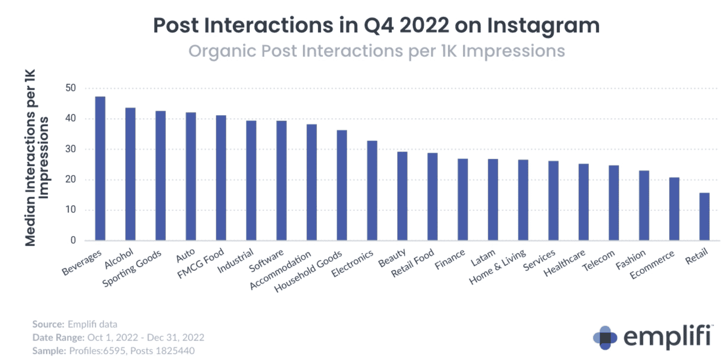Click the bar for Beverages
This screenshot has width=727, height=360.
click(100, 168)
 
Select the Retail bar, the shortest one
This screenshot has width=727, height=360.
click(704, 216)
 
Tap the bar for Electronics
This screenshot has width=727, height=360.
click(372, 190)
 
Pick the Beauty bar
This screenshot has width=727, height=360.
click(402, 196)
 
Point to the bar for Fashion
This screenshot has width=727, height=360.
click(644, 205)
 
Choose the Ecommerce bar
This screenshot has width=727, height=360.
click(674, 209)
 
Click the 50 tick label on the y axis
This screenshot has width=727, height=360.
click(71, 88)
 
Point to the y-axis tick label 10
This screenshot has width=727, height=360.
click(71, 209)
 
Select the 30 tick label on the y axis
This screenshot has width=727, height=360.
click(71, 149)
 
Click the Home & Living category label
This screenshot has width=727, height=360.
click(498, 267)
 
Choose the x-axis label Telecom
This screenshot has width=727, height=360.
click(599, 260)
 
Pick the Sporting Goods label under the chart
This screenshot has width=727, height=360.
click(132, 268)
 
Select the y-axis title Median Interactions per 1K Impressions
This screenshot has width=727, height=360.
click(36, 158)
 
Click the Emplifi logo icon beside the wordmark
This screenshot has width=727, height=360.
click(605, 338)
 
